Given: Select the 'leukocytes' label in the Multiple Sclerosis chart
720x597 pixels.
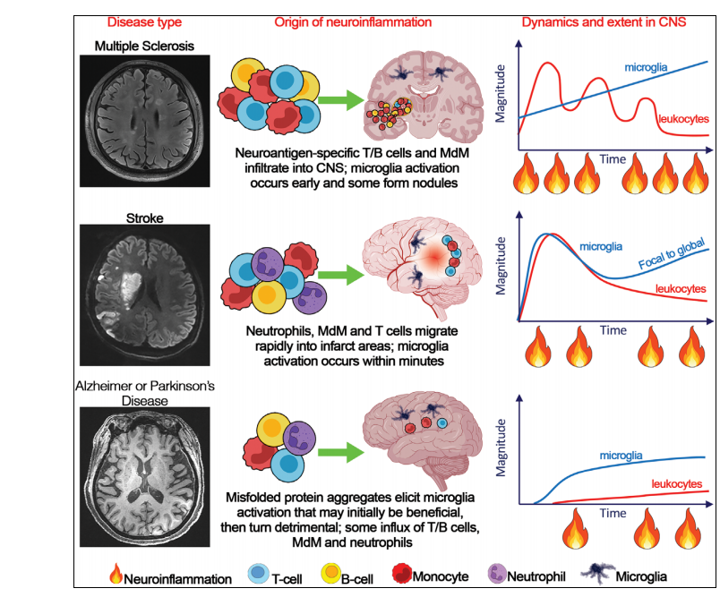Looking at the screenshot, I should click(683, 118).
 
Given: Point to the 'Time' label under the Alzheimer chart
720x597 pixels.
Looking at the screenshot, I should click(613, 514).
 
